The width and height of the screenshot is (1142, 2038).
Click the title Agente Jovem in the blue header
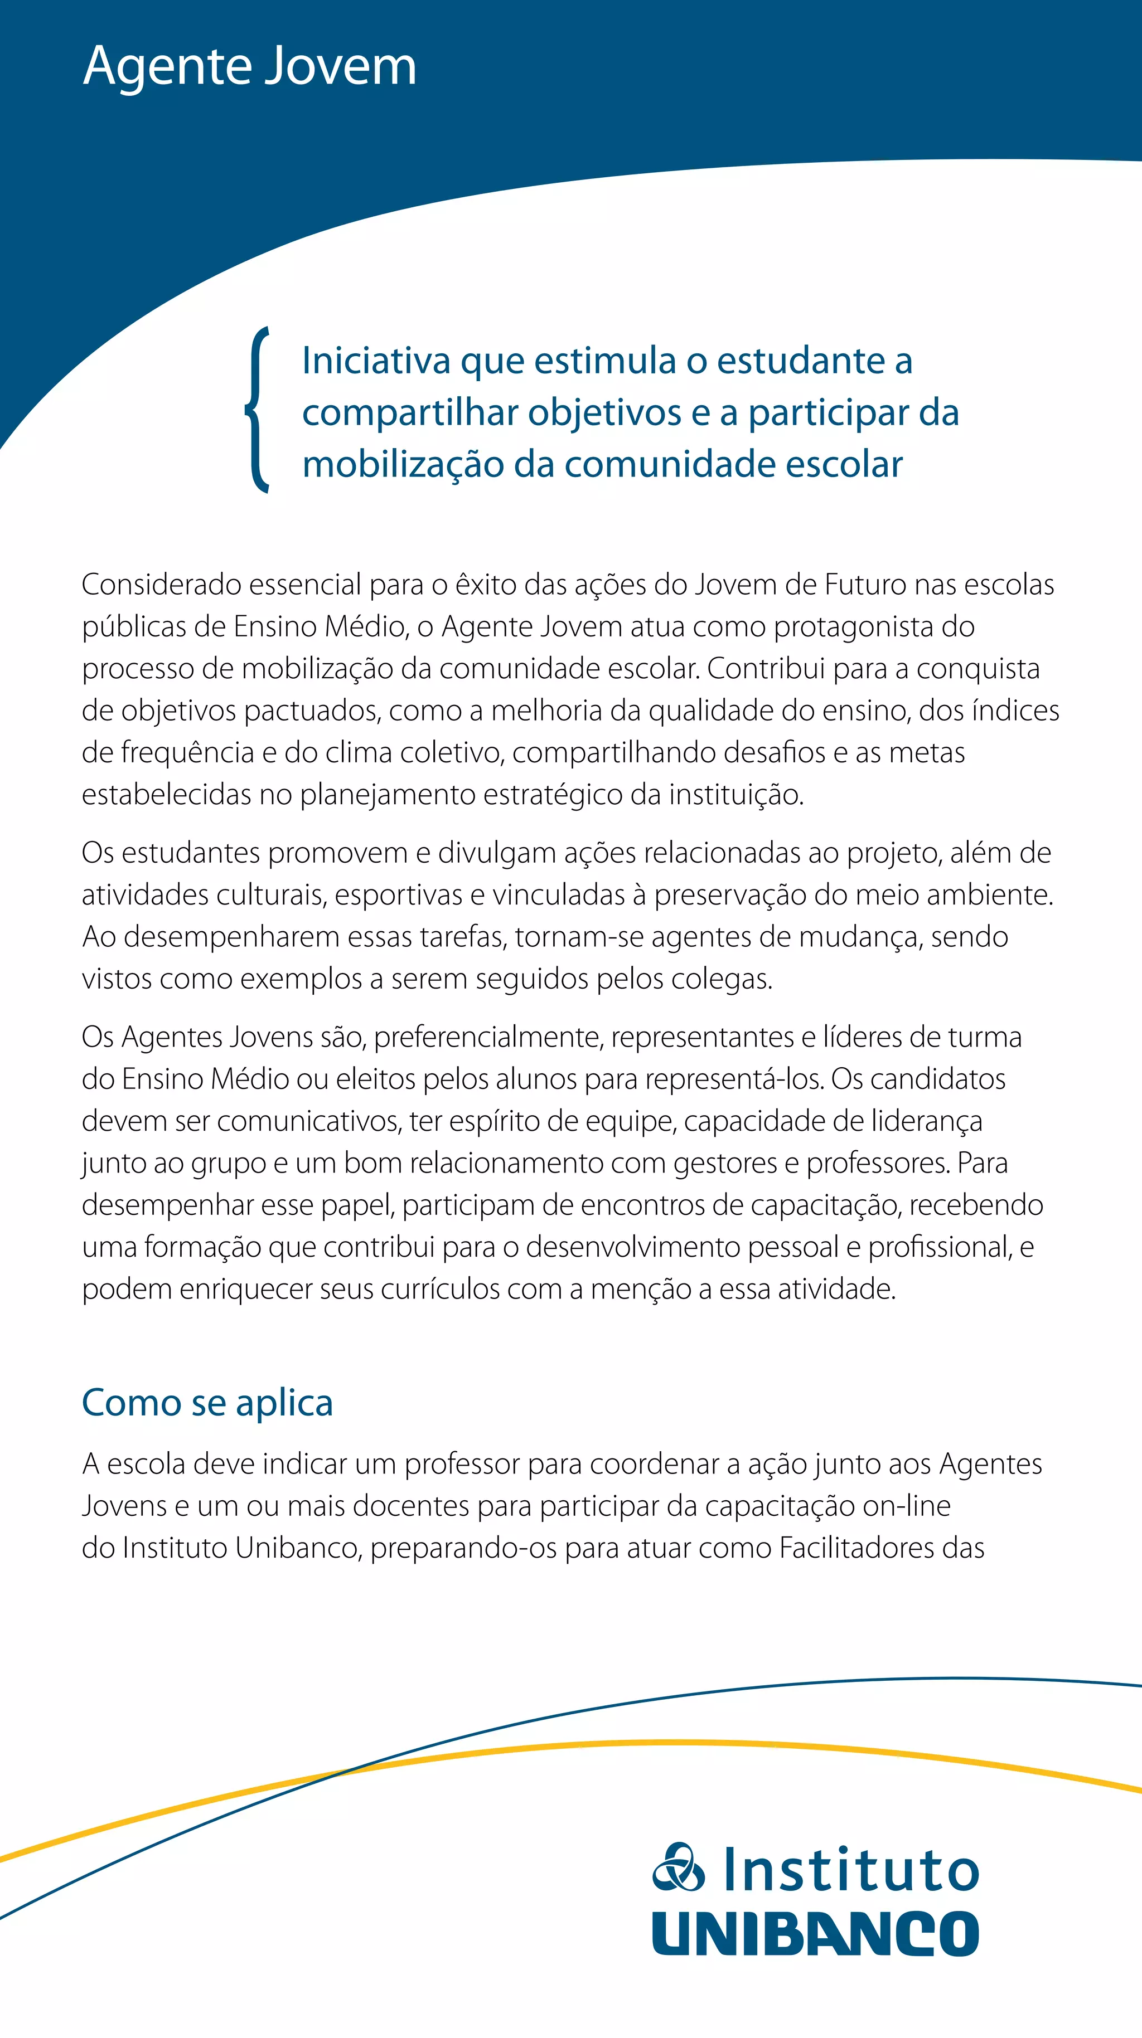coord(249,66)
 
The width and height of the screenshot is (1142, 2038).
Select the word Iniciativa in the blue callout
coord(375,361)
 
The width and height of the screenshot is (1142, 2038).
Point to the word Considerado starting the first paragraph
coord(160,585)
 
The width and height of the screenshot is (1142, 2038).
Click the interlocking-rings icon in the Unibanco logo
coord(678,1867)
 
